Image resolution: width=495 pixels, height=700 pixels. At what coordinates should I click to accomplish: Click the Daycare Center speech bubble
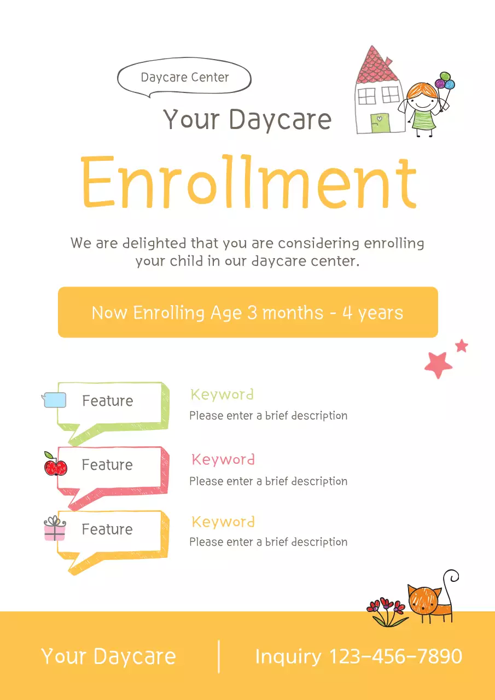pyautogui.click(x=184, y=78)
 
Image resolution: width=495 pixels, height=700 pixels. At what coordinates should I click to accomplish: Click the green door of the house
pyautogui.click(x=377, y=122)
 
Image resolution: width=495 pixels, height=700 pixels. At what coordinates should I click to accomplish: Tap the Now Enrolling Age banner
pyautogui.click(x=248, y=312)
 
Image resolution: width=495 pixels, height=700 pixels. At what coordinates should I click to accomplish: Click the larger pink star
pyautogui.click(x=438, y=364)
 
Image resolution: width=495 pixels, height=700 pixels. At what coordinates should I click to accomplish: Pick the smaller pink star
pyautogui.click(x=462, y=346)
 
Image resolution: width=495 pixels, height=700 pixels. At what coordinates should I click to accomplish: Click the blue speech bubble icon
pyautogui.click(x=55, y=400)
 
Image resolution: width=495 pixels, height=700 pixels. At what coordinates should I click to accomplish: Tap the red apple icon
pyautogui.click(x=55, y=465)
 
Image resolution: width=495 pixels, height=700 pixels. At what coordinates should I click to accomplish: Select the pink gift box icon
pyautogui.click(x=55, y=529)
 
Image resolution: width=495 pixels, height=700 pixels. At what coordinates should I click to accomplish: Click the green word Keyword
pyautogui.click(x=222, y=394)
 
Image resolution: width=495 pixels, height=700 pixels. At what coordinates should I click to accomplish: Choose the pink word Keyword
pyautogui.click(x=223, y=459)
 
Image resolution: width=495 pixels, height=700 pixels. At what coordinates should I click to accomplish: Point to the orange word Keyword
pyautogui.click(x=223, y=522)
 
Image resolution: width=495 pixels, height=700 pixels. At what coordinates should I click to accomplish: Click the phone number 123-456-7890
pyautogui.click(x=395, y=656)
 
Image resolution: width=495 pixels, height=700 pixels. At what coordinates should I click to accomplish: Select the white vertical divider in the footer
pyautogui.click(x=219, y=656)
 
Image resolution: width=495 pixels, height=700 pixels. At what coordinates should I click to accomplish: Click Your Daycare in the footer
pyautogui.click(x=109, y=656)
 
